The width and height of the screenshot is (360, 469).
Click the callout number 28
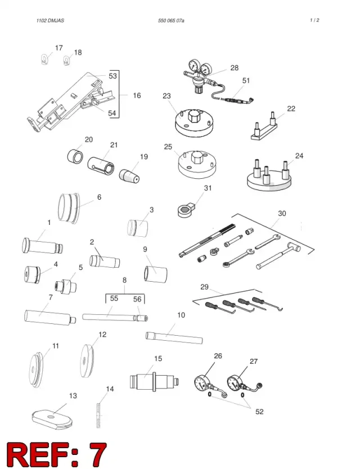(x=235, y=68)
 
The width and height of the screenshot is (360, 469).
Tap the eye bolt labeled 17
(x=44, y=59)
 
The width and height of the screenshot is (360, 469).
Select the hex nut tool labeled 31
(x=184, y=209)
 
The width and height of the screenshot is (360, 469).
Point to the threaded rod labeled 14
(x=98, y=416)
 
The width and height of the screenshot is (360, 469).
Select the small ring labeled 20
(x=74, y=156)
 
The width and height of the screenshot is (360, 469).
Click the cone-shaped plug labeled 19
(x=129, y=176)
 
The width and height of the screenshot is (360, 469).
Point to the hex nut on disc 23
(x=194, y=115)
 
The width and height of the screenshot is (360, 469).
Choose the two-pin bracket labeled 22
(x=264, y=128)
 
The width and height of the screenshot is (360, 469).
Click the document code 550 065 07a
(x=171, y=21)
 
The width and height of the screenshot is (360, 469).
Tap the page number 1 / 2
(x=314, y=20)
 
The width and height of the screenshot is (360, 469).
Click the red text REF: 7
(x=56, y=454)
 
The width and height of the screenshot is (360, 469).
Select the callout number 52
(x=259, y=412)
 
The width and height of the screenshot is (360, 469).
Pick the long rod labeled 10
(x=174, y=338)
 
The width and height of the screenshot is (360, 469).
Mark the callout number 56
(x=137, y=299)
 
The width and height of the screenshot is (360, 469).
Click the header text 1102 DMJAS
(x=50, y=21)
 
